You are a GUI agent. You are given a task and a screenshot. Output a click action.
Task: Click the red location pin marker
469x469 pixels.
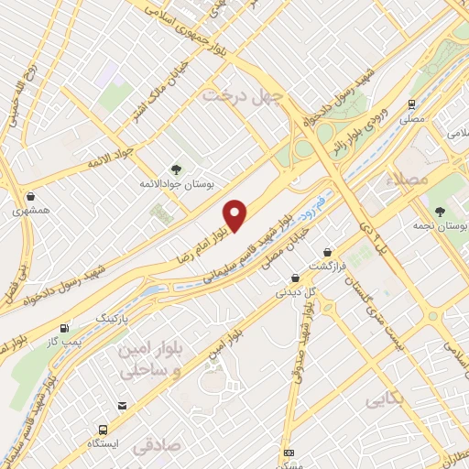pyautogui.click(x=235, y=214)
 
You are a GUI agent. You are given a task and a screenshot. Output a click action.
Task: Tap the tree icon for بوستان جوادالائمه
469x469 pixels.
pyautogui.click(x=176, y=169)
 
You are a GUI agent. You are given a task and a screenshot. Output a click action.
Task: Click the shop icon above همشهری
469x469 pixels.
pyautogui.click(x=32, y=195)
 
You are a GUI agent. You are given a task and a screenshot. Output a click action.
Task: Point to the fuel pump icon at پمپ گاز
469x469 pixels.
pyautogui.click(x=64, y=328)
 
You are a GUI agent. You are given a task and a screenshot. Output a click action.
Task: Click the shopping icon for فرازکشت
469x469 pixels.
pyautogui.click(x=327, y=252)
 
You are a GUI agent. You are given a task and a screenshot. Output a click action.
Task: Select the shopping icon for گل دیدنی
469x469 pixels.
pyautogui.click(x=295, y=278)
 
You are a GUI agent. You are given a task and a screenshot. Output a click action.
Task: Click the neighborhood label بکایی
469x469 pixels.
pyautogui.click(x=385, y=400)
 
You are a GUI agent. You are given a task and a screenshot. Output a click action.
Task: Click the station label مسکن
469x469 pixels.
pyautogui.click(x=290, y=464)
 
